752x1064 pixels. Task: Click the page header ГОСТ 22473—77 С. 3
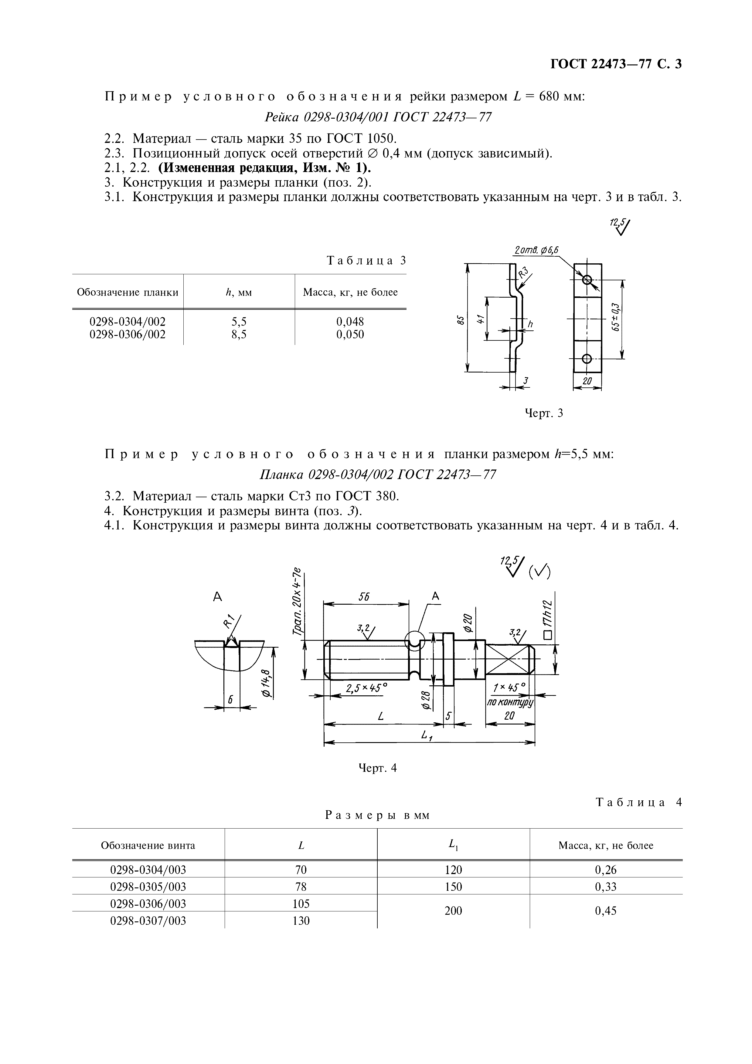(616, 64)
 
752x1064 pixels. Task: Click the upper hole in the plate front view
(587, 280)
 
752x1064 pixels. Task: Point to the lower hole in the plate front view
(587, 358)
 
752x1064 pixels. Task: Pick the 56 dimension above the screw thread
(364, 597)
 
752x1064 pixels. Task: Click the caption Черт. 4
(378, 768)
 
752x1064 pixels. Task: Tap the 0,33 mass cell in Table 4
(605, 887)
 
